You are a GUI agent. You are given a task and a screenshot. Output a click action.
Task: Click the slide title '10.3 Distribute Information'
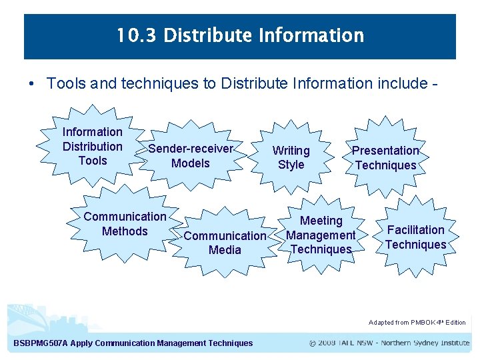point(240,35)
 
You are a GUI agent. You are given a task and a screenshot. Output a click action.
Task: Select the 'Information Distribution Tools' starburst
point(93,146)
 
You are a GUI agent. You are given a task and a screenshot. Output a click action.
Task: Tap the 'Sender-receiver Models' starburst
point(190,156)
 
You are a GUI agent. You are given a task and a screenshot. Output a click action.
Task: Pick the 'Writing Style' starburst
point(291,157)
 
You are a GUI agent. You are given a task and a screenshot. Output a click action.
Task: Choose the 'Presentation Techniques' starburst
point(385,158)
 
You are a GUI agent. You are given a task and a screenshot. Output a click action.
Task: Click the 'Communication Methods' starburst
point(125,224)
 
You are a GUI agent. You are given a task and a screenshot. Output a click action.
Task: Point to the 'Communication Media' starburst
point(225,243)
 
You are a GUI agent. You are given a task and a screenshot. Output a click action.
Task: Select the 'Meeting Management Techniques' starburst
point(321,235)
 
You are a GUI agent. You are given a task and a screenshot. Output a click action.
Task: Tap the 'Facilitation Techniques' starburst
point(415,237)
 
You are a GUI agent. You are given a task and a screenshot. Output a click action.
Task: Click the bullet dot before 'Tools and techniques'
point(31,84)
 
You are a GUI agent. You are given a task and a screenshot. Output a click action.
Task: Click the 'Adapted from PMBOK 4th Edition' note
point(417,323)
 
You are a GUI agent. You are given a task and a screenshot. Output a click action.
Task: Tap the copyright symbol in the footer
point(313,343)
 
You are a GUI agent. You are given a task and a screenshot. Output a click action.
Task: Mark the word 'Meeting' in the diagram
point(321,221)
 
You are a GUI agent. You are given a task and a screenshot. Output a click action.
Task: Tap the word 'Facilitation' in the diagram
point(415,230)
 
